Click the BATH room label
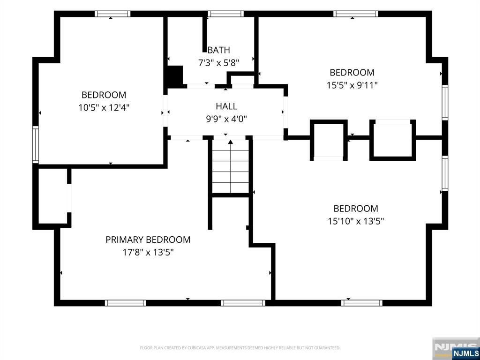click(x=218, y=50)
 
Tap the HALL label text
click(x=226, y=106)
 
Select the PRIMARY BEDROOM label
click(x=148, y=240)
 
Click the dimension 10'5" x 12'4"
click(x=104, y=108)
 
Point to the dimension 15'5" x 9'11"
click(x=352, y=85)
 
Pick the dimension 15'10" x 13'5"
click(x=356, y=221)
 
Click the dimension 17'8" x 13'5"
click(x=148, y=253)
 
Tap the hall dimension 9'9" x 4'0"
click(x=226, y=119)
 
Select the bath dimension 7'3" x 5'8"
click(x=218, y=63)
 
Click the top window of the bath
click(x=226, y=14)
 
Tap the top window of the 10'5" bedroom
click(x=112, y=14)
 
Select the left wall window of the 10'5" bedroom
click(x=36, y=144)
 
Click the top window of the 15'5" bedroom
click(x=356, y=14)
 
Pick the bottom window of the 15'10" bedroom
click(x=362, y=303)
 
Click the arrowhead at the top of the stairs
click(x=231, y=142)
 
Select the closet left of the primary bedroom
click(x=52, y=196)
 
